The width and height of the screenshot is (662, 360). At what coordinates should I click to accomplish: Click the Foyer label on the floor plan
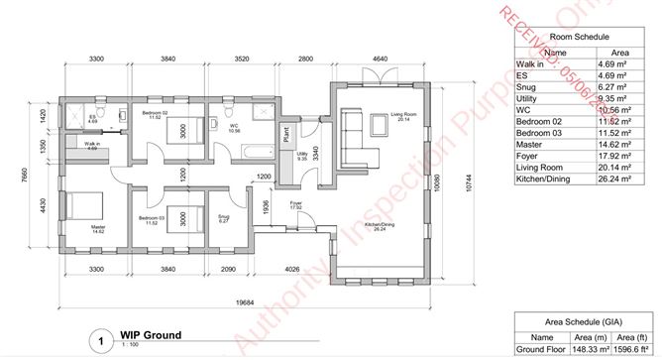coord(295,203)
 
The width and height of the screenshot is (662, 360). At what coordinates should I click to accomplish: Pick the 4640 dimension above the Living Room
coord(380,60)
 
